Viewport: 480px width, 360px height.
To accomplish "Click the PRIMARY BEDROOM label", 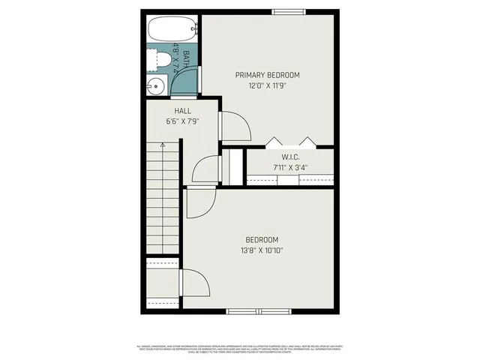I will (x=267, y=75).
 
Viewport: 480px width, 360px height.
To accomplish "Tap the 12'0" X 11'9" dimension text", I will (x=267, y=85).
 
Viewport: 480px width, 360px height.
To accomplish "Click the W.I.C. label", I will (x=291, y=157).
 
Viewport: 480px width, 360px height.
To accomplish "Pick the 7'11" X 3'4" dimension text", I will (x=291, y=167).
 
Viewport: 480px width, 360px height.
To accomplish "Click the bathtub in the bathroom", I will (x=172, y=30).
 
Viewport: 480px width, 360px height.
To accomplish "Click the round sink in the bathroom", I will (x=154, y=85).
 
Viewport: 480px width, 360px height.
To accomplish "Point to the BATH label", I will (x=185, y=55).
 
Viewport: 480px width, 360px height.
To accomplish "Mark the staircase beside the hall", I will (x=162, y=198).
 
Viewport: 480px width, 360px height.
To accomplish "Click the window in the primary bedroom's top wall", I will (x=289, y=11).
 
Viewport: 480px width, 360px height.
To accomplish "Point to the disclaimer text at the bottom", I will (x=240, y=349).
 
